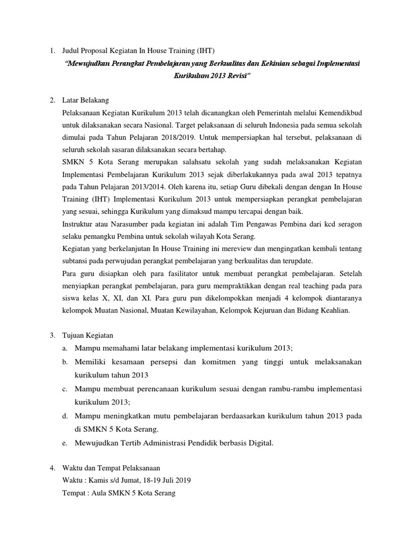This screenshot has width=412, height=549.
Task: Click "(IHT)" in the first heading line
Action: [x=203, y=51]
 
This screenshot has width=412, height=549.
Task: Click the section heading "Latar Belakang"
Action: [x=86, y=100]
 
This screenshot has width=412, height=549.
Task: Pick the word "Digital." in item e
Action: [x=259, y=443]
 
